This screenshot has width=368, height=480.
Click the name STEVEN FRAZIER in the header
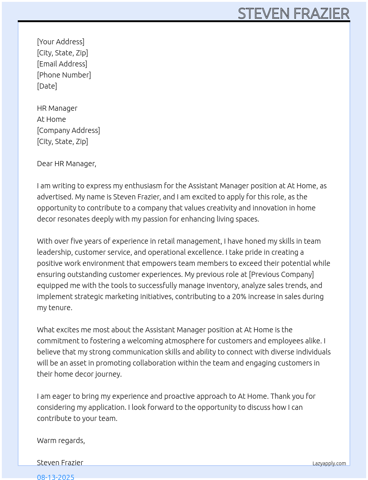pos(293,14)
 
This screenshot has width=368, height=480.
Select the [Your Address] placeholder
pos(61,42)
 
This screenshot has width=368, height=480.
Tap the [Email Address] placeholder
pos(62,64)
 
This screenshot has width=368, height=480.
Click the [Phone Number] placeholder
pos(64,75)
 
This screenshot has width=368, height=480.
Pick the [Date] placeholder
pos(47,86)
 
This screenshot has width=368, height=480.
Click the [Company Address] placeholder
pos(68,130)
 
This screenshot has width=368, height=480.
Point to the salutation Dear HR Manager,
pos(67,164)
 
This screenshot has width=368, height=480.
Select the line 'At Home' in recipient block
pos(51,119)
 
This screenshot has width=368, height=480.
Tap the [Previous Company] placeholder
pos(281,274)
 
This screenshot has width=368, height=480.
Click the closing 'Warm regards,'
pos(61,440)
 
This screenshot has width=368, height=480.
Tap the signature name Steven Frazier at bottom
pos(60,463)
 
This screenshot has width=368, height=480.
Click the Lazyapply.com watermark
pos(329,463)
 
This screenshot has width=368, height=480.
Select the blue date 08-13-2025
pos(55,477)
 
